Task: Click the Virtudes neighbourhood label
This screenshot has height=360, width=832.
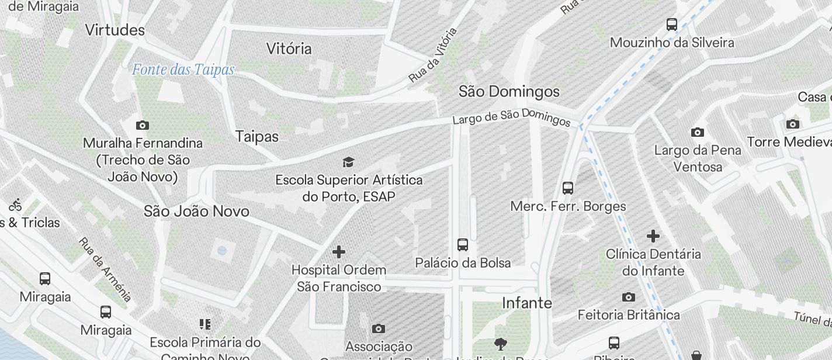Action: coord(115,30)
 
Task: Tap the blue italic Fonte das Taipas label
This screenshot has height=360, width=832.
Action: coord(183,70)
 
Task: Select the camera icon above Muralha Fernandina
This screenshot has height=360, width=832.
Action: coord(142,125)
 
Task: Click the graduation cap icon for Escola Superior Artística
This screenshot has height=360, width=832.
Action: coord(349,162)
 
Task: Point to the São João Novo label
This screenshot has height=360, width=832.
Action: coord(196,211)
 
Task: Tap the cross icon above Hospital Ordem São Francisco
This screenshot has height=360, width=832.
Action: coord(339,252)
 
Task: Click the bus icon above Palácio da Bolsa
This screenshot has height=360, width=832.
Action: coord(463,244)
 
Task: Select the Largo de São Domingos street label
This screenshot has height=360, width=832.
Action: coord(511,117)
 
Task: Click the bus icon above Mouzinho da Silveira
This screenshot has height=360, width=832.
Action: coord(672,25)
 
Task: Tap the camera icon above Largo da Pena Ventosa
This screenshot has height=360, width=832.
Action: coord(697,132)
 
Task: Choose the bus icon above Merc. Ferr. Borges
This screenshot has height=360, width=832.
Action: coord(568,188)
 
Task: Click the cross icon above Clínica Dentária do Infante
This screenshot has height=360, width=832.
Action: coord(653,236)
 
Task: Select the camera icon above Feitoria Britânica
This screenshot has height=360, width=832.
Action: coord(629,297)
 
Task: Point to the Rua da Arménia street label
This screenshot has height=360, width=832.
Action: coord(105,269)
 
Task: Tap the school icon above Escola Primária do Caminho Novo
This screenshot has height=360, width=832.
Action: coord(204,324)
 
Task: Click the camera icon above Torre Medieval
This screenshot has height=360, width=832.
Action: coord(793,124)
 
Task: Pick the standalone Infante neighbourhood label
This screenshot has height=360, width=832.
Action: coord(527,303)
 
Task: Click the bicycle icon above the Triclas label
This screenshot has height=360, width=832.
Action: coord(16,205)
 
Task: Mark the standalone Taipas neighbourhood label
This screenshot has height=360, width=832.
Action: coord(257,136)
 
